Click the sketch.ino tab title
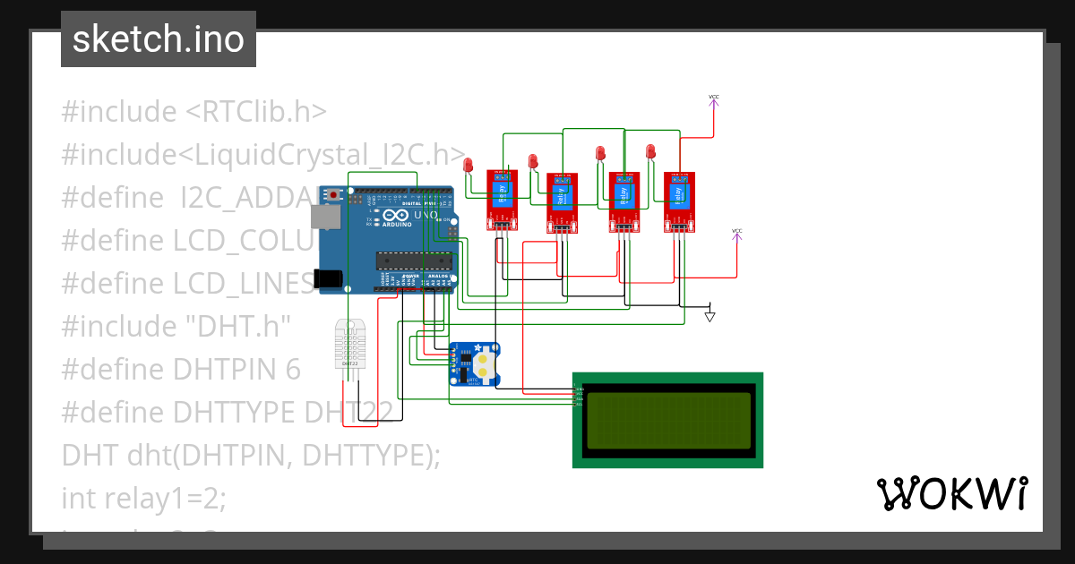click(158, 39)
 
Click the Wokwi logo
click(951, 494)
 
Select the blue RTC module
click(474, 364)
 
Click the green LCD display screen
click(667, 420)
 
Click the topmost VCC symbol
click(714, 98)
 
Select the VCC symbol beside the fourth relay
click(737, 234)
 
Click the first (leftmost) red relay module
click(502, 200)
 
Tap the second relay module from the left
click(563, 201)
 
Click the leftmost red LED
click(468, 165)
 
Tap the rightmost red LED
click(651, 151)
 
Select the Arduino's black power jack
click(330, 278)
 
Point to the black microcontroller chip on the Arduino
click(413, 261)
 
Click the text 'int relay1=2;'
click(143, 497)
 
